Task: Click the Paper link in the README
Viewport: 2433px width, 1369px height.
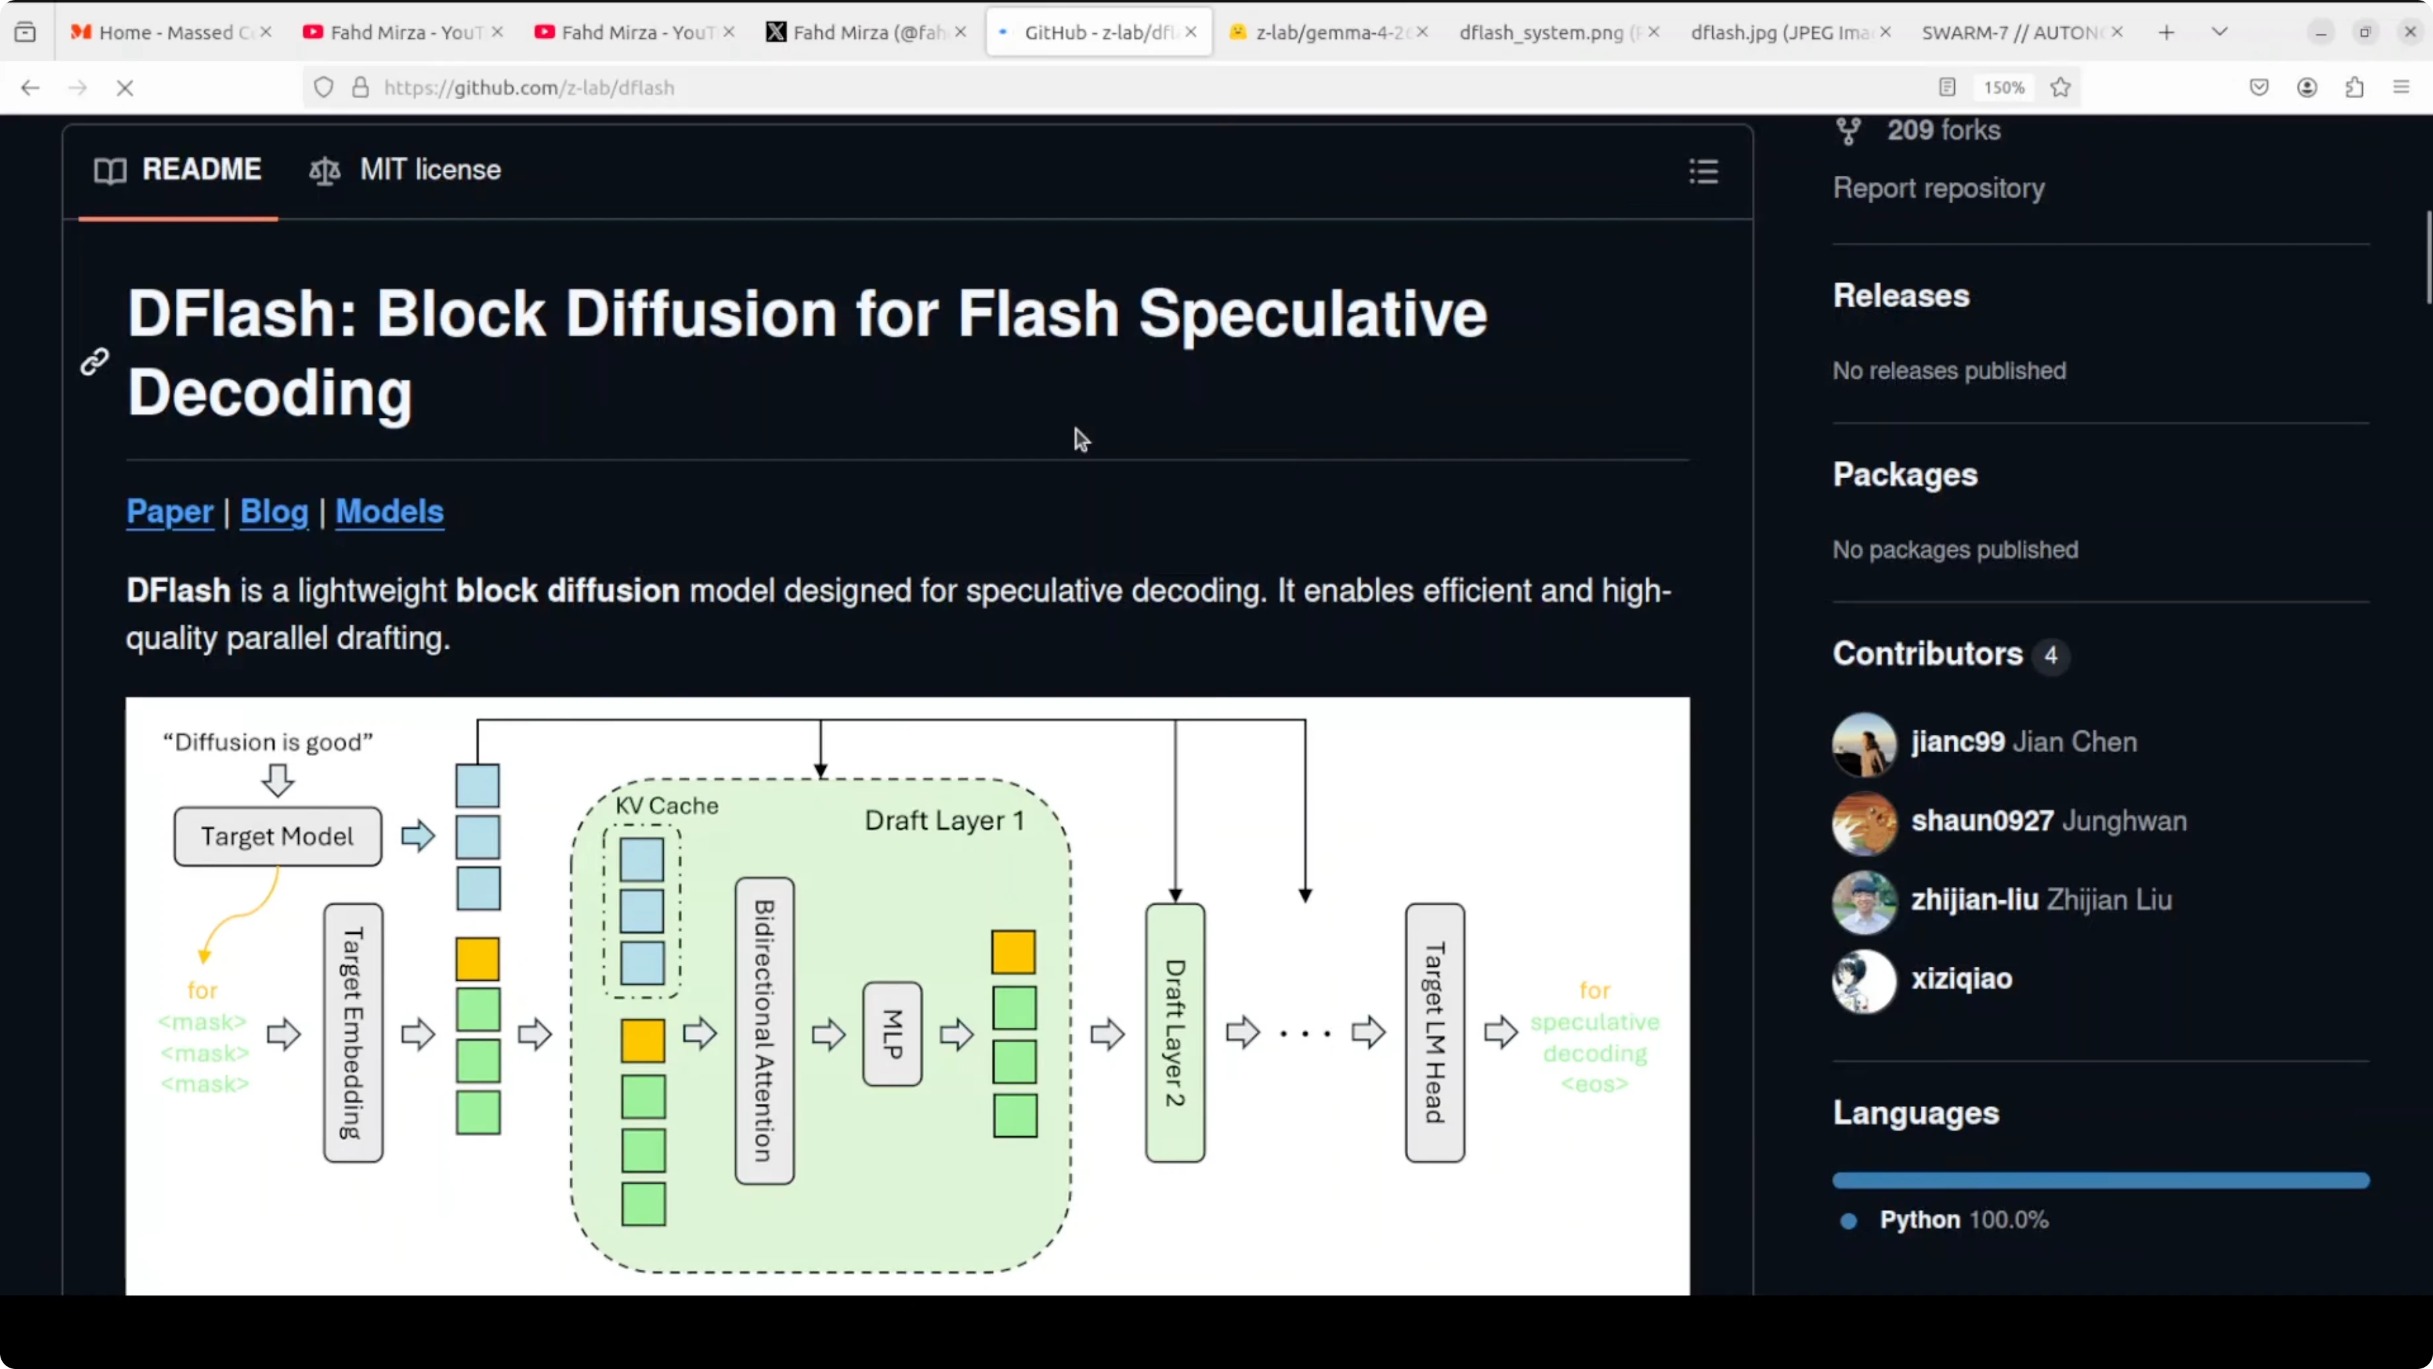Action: pos(170,511)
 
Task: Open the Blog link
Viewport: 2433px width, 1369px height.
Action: pos(274,511)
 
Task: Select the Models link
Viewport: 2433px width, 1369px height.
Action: pos(389,511)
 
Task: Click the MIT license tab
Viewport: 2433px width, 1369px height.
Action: pos(405,170)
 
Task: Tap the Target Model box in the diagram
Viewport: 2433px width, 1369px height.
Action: pos(278,836)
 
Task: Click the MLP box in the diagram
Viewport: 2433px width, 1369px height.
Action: pos(893,1034)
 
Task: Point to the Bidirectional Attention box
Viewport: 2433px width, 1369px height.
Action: pos(764,1031)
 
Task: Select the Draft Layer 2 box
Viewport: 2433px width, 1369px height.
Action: pos(1175,1032)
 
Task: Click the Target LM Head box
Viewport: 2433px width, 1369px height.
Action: pos(1435,1032)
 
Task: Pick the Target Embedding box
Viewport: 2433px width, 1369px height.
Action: pos(353,1032)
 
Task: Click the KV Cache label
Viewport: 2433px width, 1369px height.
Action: pos(667,806)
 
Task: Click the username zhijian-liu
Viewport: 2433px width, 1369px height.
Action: pos(1975,899)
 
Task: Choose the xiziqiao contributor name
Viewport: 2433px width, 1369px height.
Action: pos(1962,979)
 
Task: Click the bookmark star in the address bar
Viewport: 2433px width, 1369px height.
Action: pos(2061,88)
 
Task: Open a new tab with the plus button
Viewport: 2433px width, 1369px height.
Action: pos(2167,33)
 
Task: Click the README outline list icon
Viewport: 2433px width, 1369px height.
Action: pos(1704,171)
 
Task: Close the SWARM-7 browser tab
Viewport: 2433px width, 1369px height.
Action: pos(2118,32)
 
